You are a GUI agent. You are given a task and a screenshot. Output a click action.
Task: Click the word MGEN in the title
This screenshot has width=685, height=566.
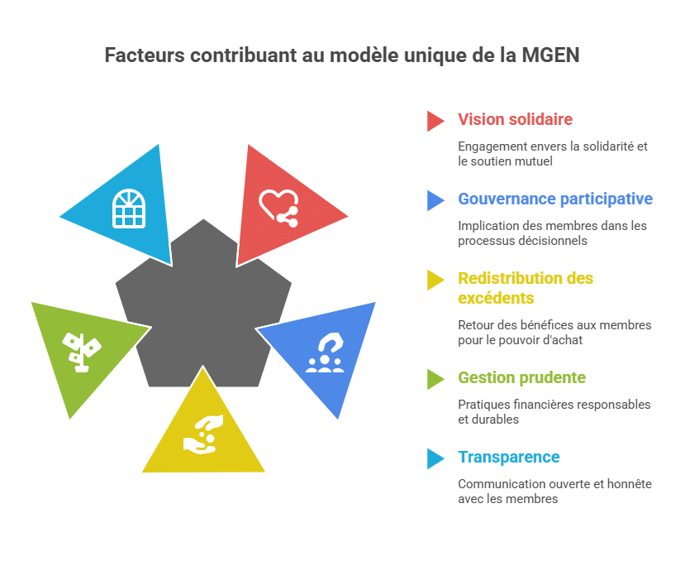(x=550, y=55)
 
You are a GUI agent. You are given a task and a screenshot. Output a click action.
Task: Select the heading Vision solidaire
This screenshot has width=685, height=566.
(x=515, y=119)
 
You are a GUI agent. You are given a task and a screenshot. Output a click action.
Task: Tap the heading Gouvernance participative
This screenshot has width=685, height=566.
(x=555, y=199)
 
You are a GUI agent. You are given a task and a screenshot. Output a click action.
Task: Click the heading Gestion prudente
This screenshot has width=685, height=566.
(x=521, y=377)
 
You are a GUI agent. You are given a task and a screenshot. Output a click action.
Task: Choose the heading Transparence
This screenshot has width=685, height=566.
(x=509, y=457)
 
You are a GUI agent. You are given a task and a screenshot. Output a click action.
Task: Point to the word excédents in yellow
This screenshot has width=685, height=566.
(x=496, y=298)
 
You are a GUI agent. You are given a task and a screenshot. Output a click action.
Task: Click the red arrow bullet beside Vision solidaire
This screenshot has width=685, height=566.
(x=435, y=121)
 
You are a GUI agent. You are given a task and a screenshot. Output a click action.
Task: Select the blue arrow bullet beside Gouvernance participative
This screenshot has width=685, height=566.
(x=435, y=201)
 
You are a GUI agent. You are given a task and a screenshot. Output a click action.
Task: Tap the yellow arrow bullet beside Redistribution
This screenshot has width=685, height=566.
(x=435, y=280)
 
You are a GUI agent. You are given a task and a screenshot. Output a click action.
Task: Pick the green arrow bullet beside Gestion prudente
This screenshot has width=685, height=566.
(x=435, y=379)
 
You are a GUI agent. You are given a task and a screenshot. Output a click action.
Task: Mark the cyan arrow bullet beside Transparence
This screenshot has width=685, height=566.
(x=435, y=458)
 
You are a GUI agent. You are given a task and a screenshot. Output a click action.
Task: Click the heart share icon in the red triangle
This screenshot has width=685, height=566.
(x=278, y=209)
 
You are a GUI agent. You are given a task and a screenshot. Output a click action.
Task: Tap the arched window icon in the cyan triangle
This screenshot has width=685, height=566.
(x=129, y=209)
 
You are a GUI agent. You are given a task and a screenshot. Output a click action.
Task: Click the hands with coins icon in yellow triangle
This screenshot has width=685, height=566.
(x=203, y=434)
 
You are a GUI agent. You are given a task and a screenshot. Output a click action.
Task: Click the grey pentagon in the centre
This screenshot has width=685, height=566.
(x=203, y=306)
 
